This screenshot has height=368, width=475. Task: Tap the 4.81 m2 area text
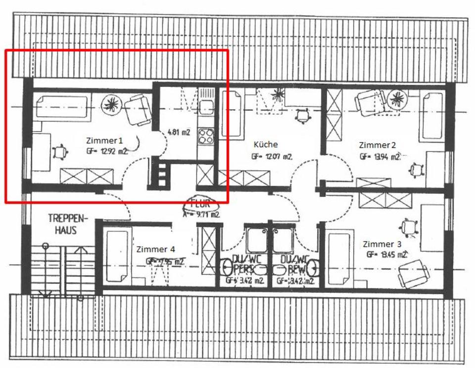(179, 132)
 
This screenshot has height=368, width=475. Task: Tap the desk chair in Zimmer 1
(59, 151)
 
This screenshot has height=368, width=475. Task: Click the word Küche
(265, 145)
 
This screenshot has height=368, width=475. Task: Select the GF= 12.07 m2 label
(271, 157)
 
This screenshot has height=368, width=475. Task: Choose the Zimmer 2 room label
(377, 145)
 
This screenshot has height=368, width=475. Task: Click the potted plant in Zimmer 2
(397, 98)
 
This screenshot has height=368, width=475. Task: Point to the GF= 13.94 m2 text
(380, 157)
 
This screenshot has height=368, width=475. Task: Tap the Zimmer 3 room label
(382, 244)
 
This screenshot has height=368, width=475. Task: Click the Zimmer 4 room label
(155, 249)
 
